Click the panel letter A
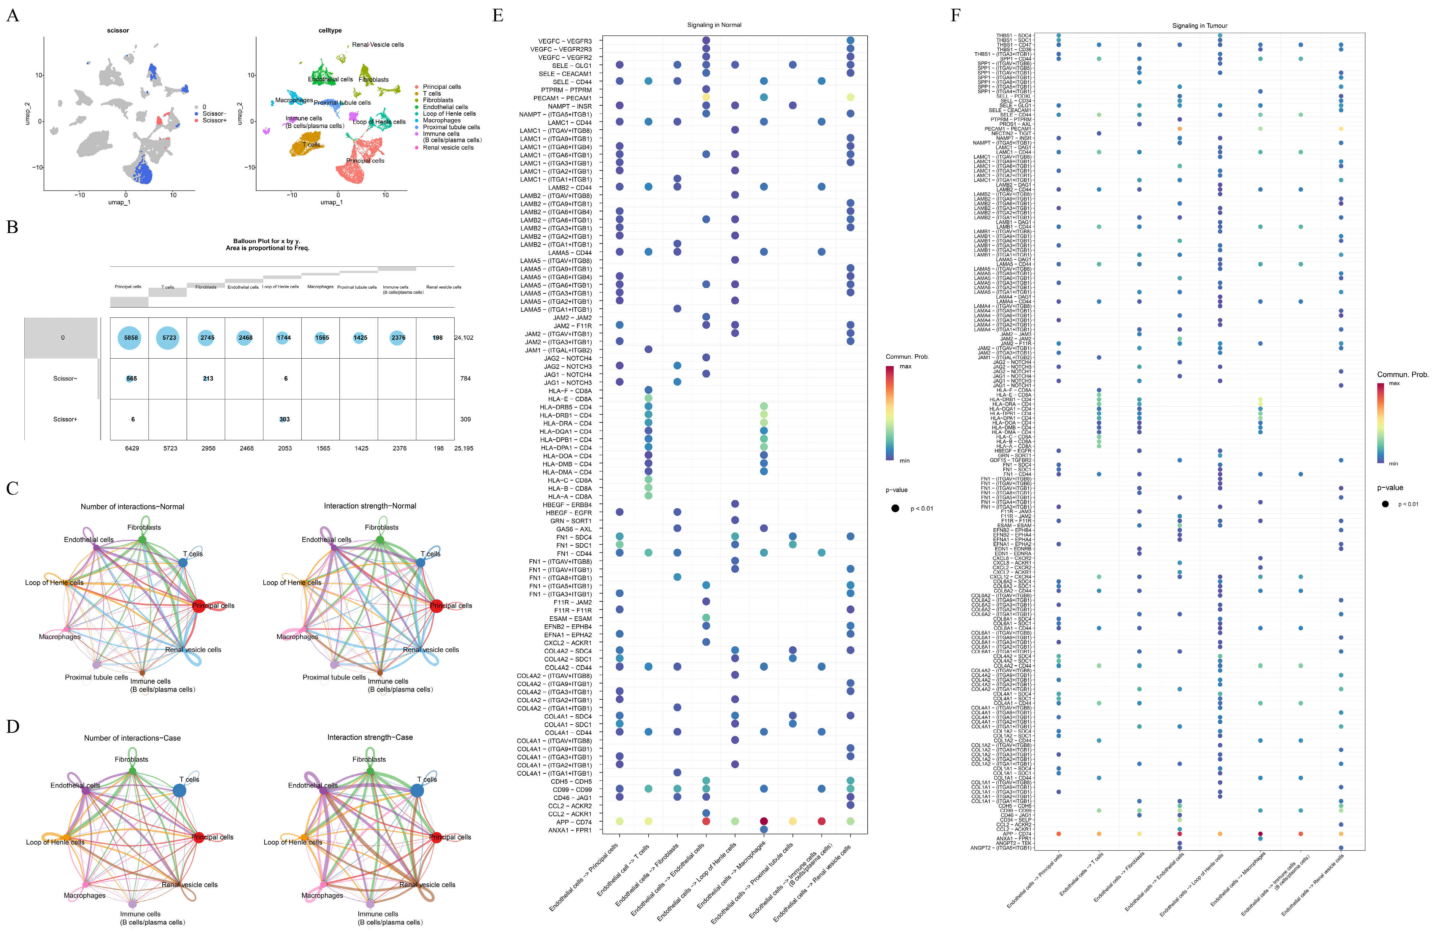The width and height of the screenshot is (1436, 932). tap(13, 15)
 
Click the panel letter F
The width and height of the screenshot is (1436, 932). tap(955, 15)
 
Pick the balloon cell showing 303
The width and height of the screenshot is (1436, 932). tap(284, 419)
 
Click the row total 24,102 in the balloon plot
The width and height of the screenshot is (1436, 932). tap(463, 337)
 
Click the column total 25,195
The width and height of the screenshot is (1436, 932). tap(463, 448)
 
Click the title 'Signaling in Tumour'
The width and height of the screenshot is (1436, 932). tap(1199, 26)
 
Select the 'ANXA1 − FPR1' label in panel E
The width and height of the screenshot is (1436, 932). tap(570, 830)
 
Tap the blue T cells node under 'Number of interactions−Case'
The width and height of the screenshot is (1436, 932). tap(179, 790)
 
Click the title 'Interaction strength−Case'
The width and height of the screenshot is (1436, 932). tap(370, 737)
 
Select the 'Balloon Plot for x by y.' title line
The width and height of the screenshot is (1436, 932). tap(267, 241)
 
